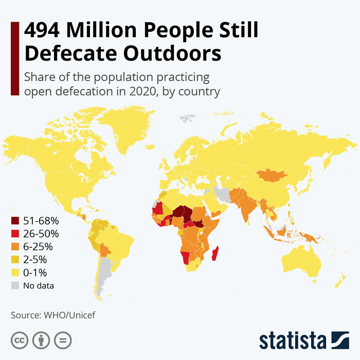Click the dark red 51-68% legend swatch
click(15, 221)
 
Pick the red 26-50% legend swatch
click(15, 233)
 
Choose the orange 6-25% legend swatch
click(15, 246)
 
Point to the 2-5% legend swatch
click(15, 259)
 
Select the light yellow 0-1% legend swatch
click(15, 272)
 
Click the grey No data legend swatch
click(15, 285)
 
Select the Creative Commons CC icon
click(19, 340)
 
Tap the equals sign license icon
click(63, 340)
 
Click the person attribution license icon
click(41, 340)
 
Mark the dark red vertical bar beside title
click(14, 58)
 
